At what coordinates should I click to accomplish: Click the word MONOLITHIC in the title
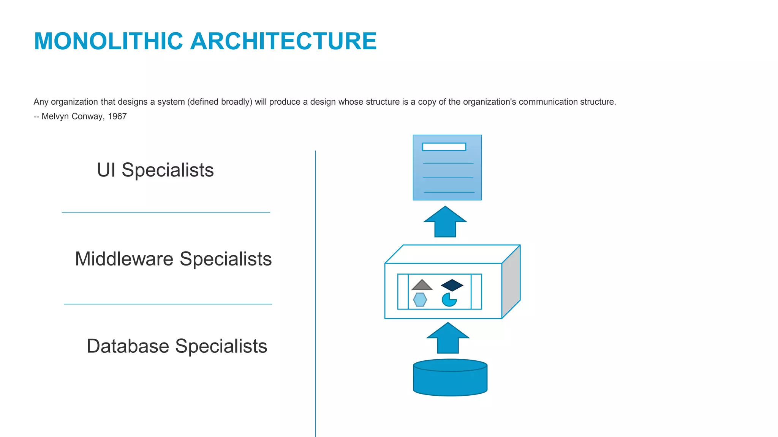[109, 41]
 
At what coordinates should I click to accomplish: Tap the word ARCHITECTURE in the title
[283, 41]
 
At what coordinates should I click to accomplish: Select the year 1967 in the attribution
[117, 116]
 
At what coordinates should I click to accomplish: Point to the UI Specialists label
[155, 170]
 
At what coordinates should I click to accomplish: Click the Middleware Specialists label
[173, 259]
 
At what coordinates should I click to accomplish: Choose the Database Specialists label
[177, 346]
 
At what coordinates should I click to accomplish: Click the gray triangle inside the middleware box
[422, 285]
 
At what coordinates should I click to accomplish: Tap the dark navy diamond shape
[452, 285]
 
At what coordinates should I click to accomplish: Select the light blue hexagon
[420, 300]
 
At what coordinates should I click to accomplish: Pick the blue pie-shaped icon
[449, 300]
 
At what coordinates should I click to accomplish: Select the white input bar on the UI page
[444, 147]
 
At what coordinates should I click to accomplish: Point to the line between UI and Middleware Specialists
[166, 212]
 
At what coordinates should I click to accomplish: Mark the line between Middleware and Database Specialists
[168, 304]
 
